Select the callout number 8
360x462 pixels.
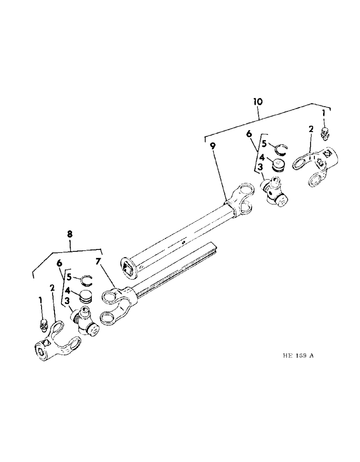pos(70,234)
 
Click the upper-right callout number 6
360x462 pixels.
pos(249,134)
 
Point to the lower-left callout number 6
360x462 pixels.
pos(59,263)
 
